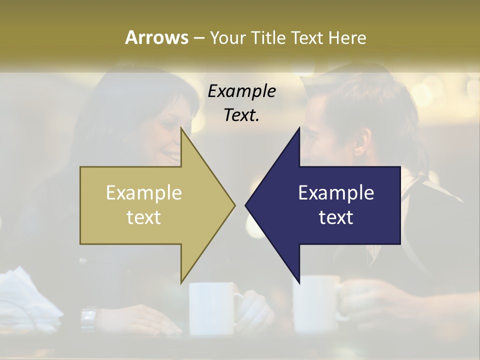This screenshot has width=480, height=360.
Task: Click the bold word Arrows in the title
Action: pyautogui.click(x=156, y=37)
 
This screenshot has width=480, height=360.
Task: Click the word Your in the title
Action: pyautogui.click(x=227, y=38)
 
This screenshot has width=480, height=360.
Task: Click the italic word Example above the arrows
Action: pyautogui.click(x=241, y=91)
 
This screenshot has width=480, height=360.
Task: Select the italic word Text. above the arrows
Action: pyautogui.click(x=241, y=115)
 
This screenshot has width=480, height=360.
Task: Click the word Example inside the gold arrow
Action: pyautogui.click(x=144, y=192)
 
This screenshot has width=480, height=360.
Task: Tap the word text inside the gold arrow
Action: pyautogui.click(x=144, y=217)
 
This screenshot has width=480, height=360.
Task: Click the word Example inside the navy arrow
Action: pyautogui.click(x=336, y=192)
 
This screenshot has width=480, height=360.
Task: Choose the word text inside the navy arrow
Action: pyautogui.click(x=336, y=217)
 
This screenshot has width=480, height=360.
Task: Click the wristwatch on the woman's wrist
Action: pyautogui.click(x=88, y=317)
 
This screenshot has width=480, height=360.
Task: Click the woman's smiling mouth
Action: pyautogui.click(x=172, y=157)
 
